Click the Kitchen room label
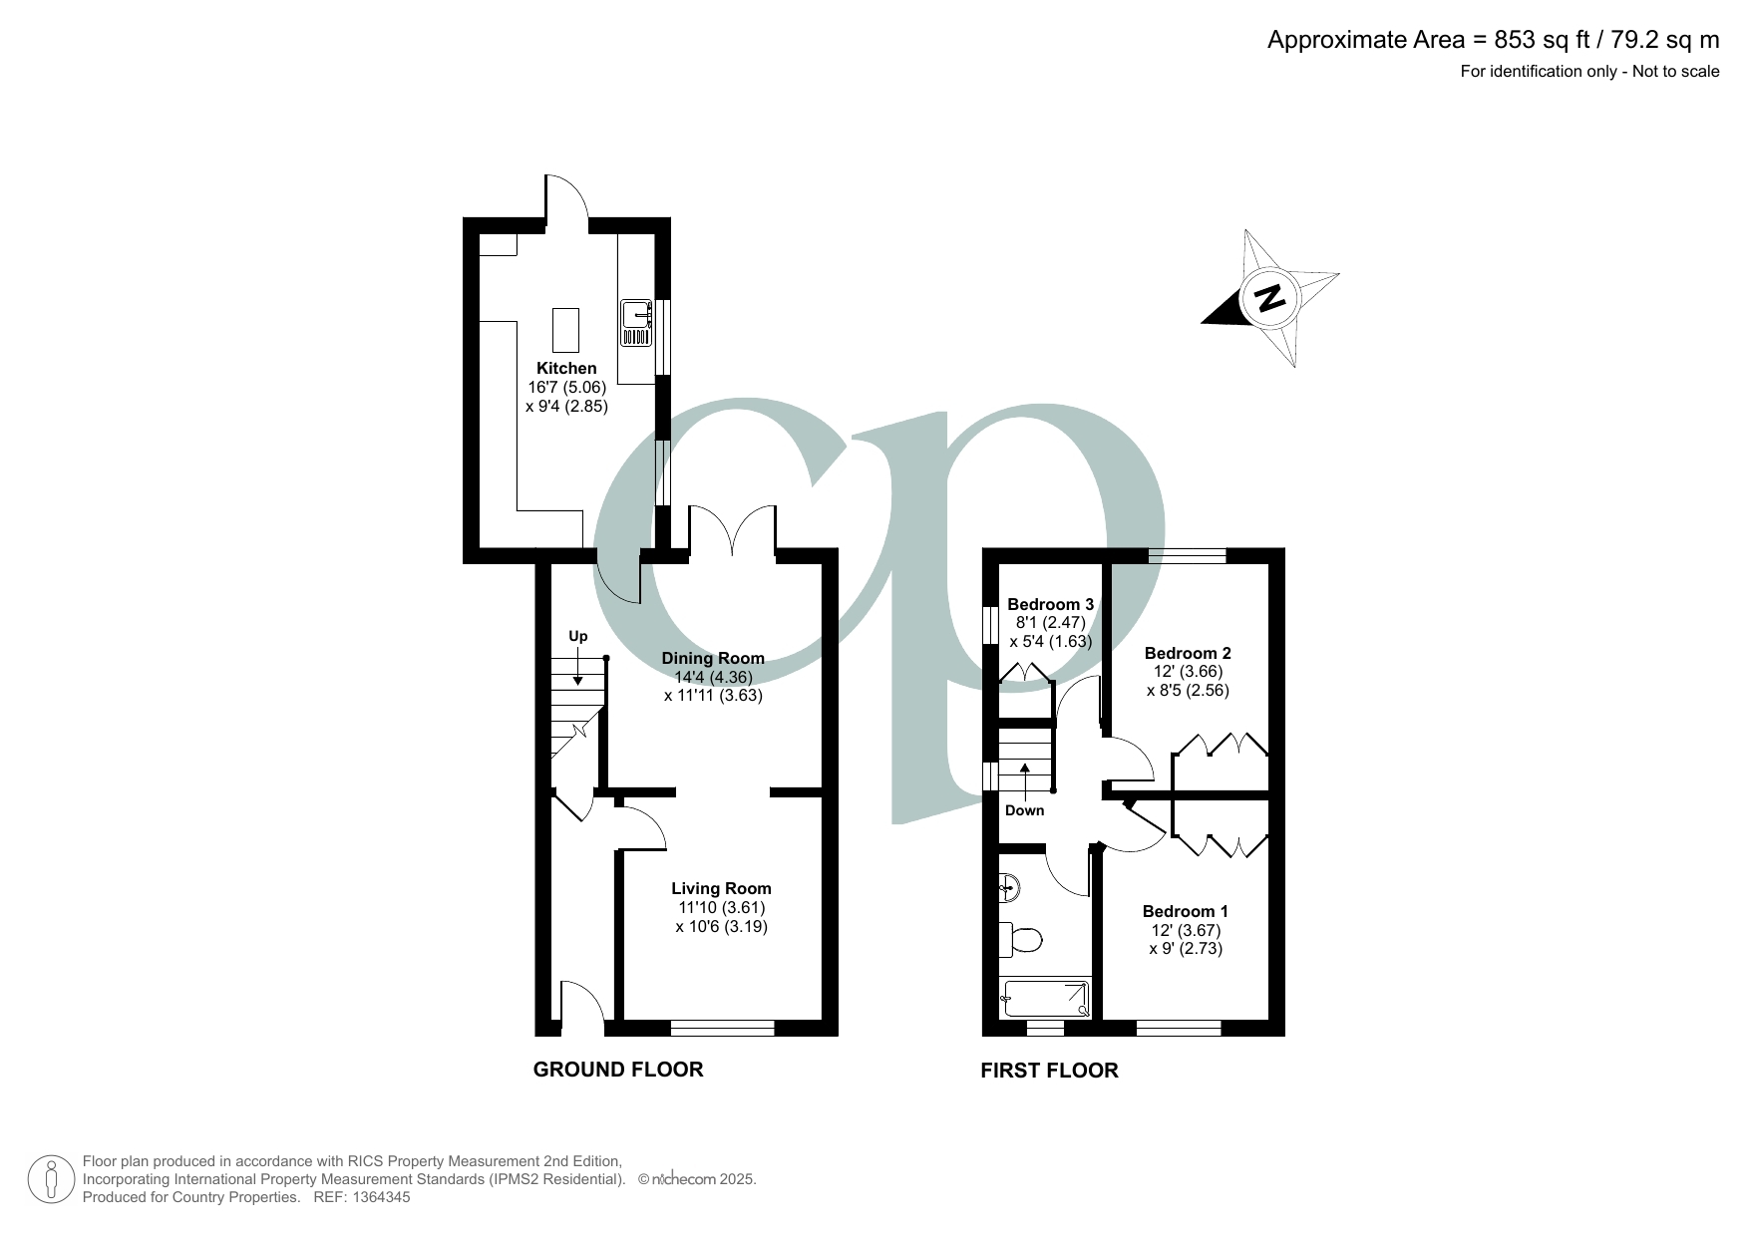coord(566,368)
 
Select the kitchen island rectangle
coord(565,331)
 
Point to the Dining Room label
coord(713,658)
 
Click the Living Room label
coord(721,888)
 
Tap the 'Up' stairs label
coord(578,636)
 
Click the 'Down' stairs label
coord(1024,810)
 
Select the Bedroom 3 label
coord(1050,604)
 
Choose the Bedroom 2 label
coord(1188,653)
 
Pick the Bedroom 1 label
coord(1185,911)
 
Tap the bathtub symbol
coord(1046,998)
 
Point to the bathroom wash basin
coord(1008,886)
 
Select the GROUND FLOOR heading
coord(618,1070)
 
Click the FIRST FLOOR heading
coord(1049,1071)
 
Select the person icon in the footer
coord(51,1179)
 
